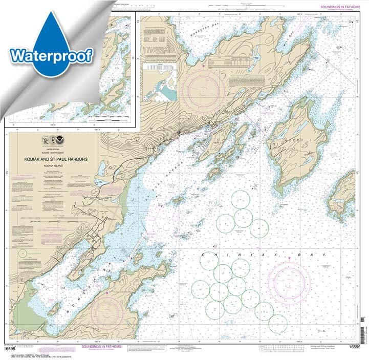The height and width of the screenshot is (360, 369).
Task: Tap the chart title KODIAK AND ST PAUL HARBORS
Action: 55,160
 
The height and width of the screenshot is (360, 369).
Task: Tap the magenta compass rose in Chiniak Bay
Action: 290,282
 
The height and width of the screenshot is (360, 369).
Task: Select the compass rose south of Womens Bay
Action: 107,311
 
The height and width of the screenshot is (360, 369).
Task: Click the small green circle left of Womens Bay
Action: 23,253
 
